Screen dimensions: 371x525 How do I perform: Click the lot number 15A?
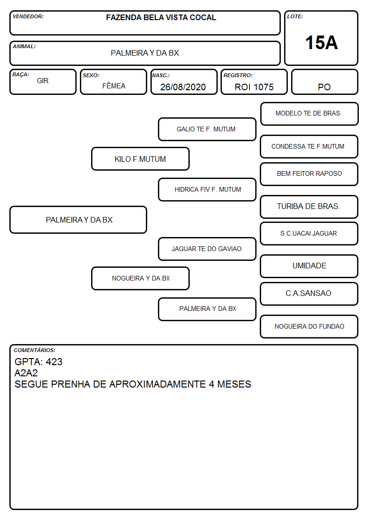pos(321,43)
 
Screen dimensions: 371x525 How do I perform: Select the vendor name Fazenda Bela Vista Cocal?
pos(161,17)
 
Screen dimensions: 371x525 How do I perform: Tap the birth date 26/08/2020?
pos(183,87)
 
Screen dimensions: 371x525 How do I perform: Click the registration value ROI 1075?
pos(254,87)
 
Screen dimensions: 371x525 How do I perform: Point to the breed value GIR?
pos(43,81)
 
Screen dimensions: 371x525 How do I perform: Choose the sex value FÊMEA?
pos(114,86)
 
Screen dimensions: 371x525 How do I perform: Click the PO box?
pos(324,82)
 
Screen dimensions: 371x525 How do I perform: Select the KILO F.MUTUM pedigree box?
pos(140,158)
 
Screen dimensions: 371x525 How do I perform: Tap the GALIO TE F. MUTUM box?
pos(207,129)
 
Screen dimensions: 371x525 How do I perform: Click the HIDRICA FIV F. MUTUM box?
pos(207,189)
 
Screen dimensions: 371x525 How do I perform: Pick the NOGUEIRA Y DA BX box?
pos(140,278)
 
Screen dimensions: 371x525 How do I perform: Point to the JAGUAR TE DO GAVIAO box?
pos(207,249)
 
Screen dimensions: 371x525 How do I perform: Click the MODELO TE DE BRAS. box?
pos(309,114)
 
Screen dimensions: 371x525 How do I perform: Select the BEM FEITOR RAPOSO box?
pos(309,174)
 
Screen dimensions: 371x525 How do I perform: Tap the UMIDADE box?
pos(309,266)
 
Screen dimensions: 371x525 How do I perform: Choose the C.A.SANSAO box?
pos(309,294)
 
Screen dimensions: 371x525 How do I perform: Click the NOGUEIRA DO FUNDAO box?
pos(309,326)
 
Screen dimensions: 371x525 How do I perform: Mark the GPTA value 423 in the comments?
pos(54,361)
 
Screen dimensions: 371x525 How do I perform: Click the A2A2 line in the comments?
pos(26,373)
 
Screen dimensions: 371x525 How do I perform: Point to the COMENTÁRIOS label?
pos(35,350)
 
